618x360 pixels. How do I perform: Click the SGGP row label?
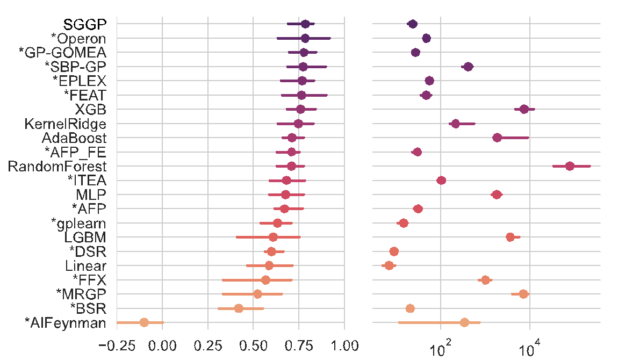(85, 24)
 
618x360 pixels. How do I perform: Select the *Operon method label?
(78, 39)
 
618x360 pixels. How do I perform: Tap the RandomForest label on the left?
(57, 166)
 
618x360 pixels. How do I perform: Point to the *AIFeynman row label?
(66, 322)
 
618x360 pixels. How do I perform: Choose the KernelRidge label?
(65, 124)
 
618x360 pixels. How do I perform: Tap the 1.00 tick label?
(344, 344)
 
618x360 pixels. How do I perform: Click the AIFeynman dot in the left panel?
(144, 322)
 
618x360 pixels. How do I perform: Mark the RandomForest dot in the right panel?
(570, 166)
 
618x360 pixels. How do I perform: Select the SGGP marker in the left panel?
(305, 24)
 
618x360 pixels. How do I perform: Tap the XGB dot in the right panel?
(524, 109)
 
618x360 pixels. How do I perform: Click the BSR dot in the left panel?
(239, 308)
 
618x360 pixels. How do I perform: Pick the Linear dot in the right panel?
(389, 265)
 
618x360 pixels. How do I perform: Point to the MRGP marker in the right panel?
(523, 294)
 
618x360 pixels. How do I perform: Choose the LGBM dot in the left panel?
(273, 237)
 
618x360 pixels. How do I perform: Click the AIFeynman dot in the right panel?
(464, 322)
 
